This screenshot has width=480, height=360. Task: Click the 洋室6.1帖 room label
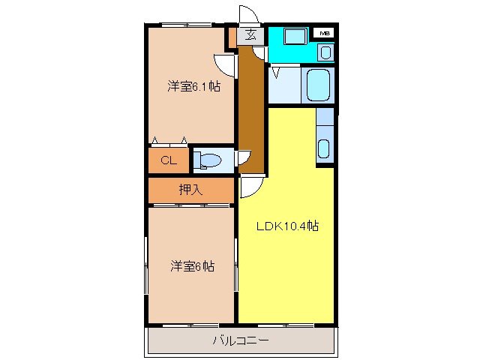pyautogui.click(x=193, y=87)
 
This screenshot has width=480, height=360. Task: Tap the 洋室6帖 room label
pyautogui.click(x=193, y=265)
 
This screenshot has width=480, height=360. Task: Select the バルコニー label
pyautogui.click(x=240, y=340)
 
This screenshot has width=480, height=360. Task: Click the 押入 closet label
pyautogui.click(x=190, y=190)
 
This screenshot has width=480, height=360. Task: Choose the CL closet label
pyautogui.click(x=169, y=160)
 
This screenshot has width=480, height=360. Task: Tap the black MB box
pyautogui.click(x=325, y=33)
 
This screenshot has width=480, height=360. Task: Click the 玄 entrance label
pyautogui.click(x=250, y=34)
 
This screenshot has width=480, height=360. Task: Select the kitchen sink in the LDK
pyautogui.click(x=324, y=148)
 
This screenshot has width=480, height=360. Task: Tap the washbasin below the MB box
pyautogui.click(x=325, y=52)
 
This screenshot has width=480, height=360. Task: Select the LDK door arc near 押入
pyautogui.click(x=250, y=187)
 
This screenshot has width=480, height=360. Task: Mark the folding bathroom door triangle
pyautogui.click(x=276, y=73)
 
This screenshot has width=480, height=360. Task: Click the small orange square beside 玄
pyautogui.click(x=232, y=34)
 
